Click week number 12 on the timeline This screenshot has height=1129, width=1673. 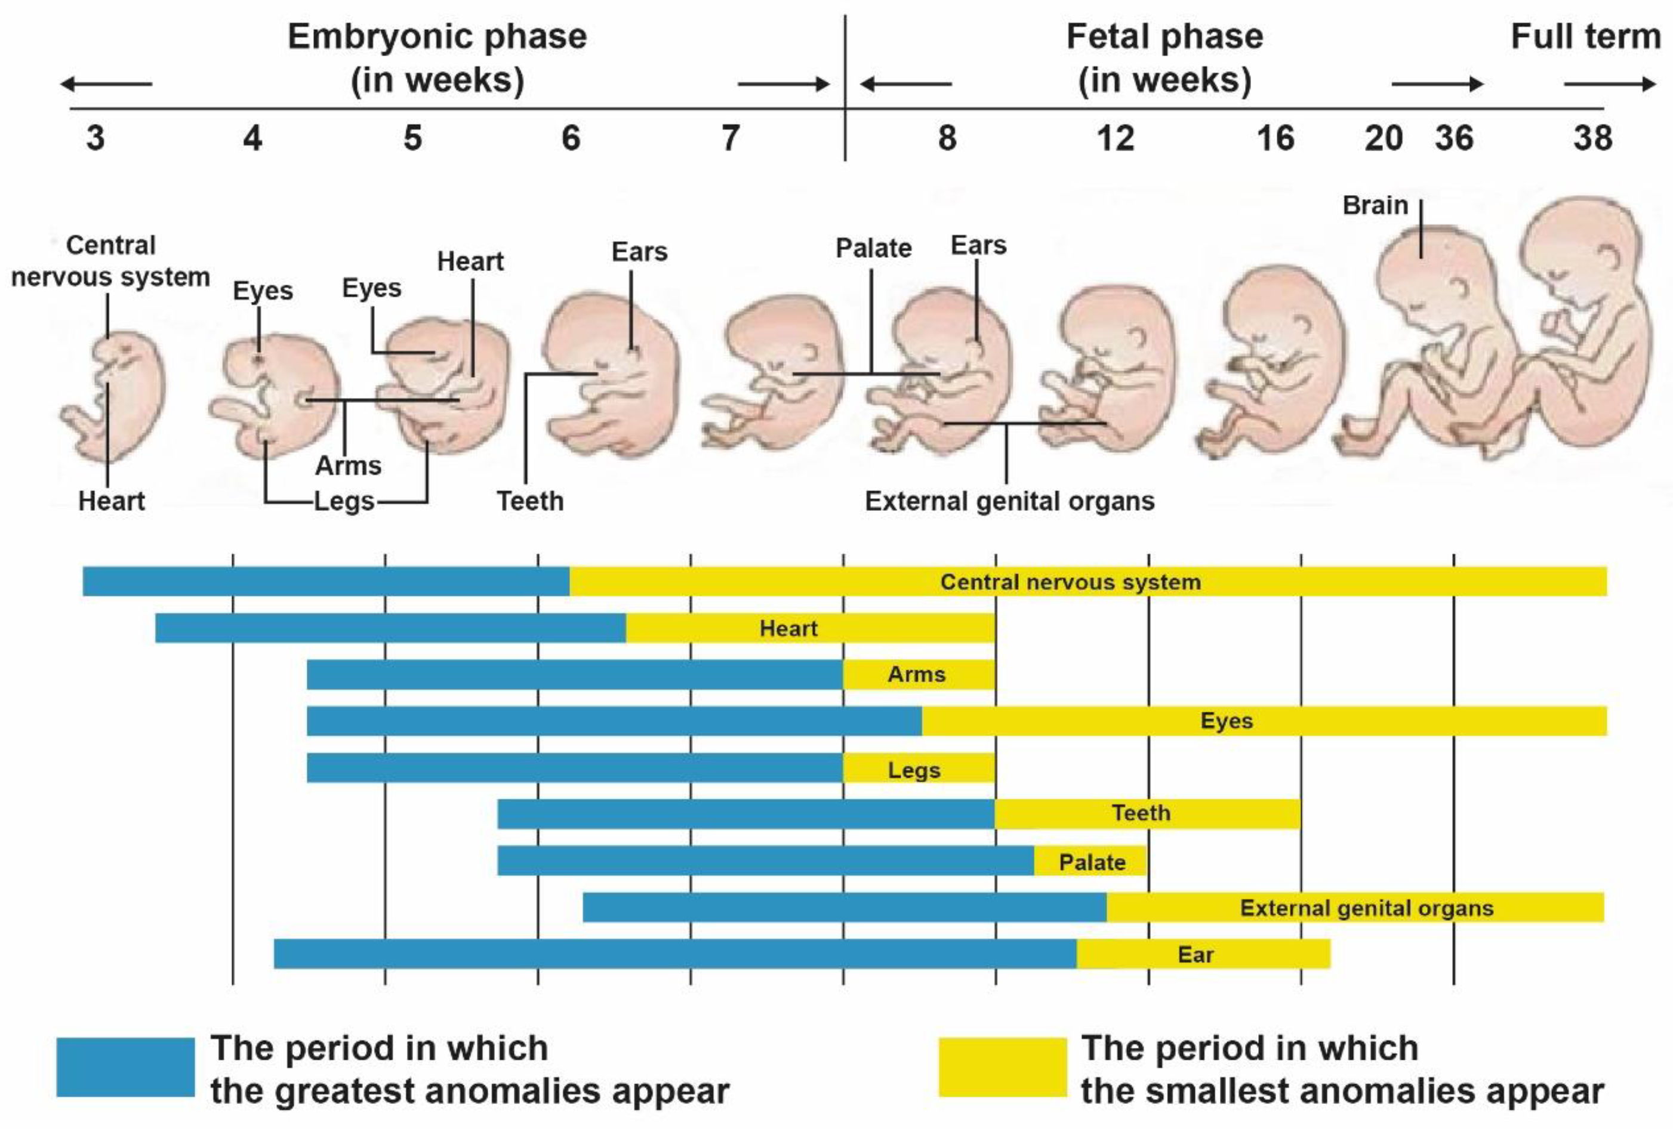pyautogui.click(x=1115, y=138)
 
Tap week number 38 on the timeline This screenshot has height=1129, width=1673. pyautogui.click(x=1592, y=138)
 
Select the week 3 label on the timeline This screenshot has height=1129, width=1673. pyautogui.click(x=95, y=138)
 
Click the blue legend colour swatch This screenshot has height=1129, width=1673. pyautogui.click(x=125, y=1066)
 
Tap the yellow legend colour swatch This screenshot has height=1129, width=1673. pyautogui.click(x=1002, y=1066)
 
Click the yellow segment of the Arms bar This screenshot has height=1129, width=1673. pyautogui.click(x=919, y=675)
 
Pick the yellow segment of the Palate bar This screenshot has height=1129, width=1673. pyautogui.click(x=1090, y=861)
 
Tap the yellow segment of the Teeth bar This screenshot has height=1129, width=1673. pyautogui.click(x=1148, y=814)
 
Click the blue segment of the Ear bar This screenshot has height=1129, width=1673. pyautogui.click(x=674, y=954)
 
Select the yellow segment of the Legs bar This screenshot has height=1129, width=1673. pyautogui.click(x=919, y=769)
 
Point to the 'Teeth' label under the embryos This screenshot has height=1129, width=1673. pyautogui.click(x=530, y=501)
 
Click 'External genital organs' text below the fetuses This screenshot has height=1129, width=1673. pyautogui.click(x=1009, y=501)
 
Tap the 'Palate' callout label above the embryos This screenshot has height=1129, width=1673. pyautogui.click(x=873, y=248)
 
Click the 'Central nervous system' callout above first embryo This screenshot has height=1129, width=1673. pyautogui.click(x=110, y=261)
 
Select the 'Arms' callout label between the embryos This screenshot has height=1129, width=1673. pyautogui.click(x=348, y=465)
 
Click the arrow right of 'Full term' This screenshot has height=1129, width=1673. pyautogui.click(x=1610, y=84)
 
